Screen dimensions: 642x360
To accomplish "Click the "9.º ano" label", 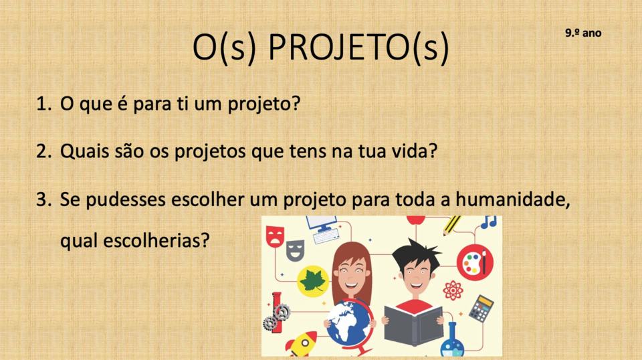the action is click(x=583, y=33).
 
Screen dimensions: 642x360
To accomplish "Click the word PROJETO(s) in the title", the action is click(x=358, y=48).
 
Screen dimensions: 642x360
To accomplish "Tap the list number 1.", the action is click(x=43, y=104).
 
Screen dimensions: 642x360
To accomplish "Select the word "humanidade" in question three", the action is click(x=513, y=199).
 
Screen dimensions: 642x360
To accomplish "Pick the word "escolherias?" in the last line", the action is click(x=156, y=240).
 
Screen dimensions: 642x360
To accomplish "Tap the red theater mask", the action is click(x=275, y=237).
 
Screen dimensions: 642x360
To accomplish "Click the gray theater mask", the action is click(x=295, y=250).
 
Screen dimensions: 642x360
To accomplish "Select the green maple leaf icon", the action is click(x=313, y=281).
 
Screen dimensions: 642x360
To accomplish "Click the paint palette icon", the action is click(x=475, y=262).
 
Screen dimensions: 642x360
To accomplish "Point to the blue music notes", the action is click(x=489, y=222).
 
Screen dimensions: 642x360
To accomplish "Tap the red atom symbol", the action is click(x=453, y=290).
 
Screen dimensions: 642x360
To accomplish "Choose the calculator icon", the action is click(x=481, y=308).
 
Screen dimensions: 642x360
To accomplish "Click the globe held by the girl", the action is click(x=349, y=325).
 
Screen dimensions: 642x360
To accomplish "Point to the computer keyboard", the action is click(x=326, y=236).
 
